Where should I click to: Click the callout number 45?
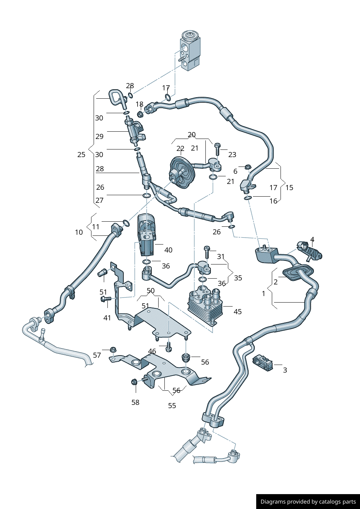click(x=237, y=312)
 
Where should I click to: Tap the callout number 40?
click(x=168, y=250)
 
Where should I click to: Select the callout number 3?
click(x=285, y=370)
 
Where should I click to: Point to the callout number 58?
click(x=135, y=402)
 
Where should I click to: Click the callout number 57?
click(x=97, y=355)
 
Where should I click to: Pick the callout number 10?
click(x=79, y=232)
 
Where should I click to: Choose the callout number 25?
click(x=81, y=155)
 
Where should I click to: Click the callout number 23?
click(x=232, y=155)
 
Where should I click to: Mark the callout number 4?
click(x=312, y=240)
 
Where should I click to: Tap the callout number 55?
click(x=172, y=406)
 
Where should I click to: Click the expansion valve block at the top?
click(x=189, y=50)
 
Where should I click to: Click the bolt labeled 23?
click(x=217, y=149)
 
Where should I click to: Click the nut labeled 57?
click(x=112, y=350)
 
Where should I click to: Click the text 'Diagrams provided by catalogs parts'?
click(x=308, y=502)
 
